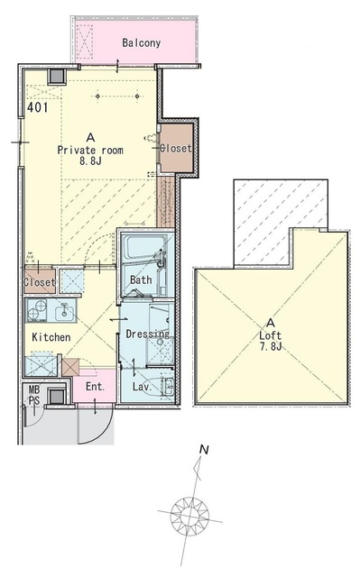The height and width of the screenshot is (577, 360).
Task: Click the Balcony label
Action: click(142, 43)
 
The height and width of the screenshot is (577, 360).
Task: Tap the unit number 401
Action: click(38, 107)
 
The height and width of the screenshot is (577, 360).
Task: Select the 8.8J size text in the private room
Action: click(90, 160)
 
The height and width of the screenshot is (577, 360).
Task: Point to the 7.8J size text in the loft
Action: click(271, 346)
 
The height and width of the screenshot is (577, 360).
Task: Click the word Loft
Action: click(270, 335)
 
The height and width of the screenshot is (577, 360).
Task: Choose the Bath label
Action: click(141, 280)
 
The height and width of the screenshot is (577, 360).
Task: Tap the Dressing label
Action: click(148, 334)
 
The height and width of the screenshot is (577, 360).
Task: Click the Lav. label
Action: click(142, 387)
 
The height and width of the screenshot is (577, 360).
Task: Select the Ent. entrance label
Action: click(96, 387)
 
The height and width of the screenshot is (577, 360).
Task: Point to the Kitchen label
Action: click(51, 337)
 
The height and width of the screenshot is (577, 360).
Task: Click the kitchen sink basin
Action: click(65, 313)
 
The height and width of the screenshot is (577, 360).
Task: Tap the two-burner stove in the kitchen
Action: click(37, 310)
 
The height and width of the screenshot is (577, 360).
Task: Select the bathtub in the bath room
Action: click(144, 250)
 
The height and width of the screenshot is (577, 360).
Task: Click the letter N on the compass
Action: click(204, 450)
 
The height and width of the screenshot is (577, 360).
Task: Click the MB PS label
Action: click(34, 395)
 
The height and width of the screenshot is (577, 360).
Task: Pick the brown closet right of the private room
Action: click(176, 148)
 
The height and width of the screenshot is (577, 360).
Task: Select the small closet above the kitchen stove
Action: click(40, 281)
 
